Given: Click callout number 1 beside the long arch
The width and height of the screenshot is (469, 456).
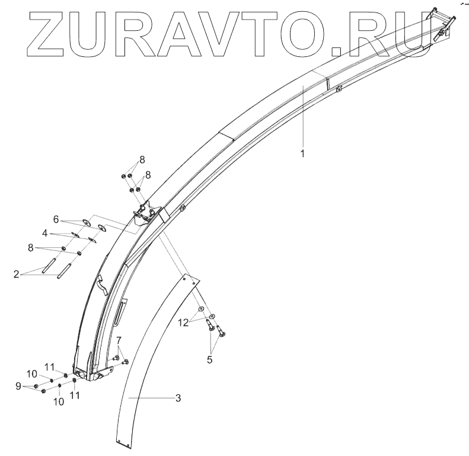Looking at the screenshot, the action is [x=302, y=154].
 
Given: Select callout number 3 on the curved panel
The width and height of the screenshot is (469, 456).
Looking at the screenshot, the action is [x=177, y=398].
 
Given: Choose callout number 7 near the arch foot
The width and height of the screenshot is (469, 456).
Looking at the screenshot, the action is [x=119, y=340].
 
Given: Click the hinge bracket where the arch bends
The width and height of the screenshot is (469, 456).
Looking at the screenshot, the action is [x=146, y=213].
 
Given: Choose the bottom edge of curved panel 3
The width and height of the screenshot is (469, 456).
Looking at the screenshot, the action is [x=124, y=441].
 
